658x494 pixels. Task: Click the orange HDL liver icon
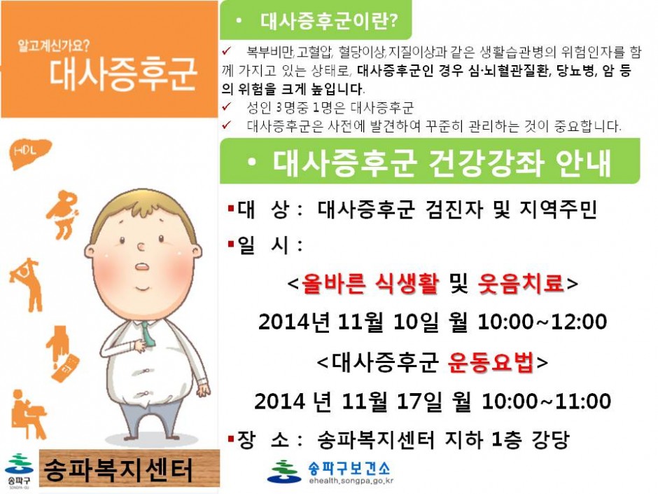point(30,153)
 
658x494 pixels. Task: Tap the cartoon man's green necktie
point(147,334)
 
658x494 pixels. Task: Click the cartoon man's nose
point(141,247)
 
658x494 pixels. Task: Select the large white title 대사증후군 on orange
point(123,75)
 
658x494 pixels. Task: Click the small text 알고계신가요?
point(54,46)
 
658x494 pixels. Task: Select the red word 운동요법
point(491,362)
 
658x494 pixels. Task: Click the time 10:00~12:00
point(542,322)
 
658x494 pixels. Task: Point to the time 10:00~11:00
point(546,401)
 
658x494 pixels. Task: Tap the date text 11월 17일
point(393,401)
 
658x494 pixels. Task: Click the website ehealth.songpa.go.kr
point(351,481)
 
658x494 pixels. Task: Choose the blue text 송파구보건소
point(349,467)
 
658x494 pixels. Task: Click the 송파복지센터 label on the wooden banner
point(118,470)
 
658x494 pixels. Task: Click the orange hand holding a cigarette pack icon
point(62,354)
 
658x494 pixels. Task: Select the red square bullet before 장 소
point(231,439)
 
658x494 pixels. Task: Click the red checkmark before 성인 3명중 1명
point(227,107)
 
